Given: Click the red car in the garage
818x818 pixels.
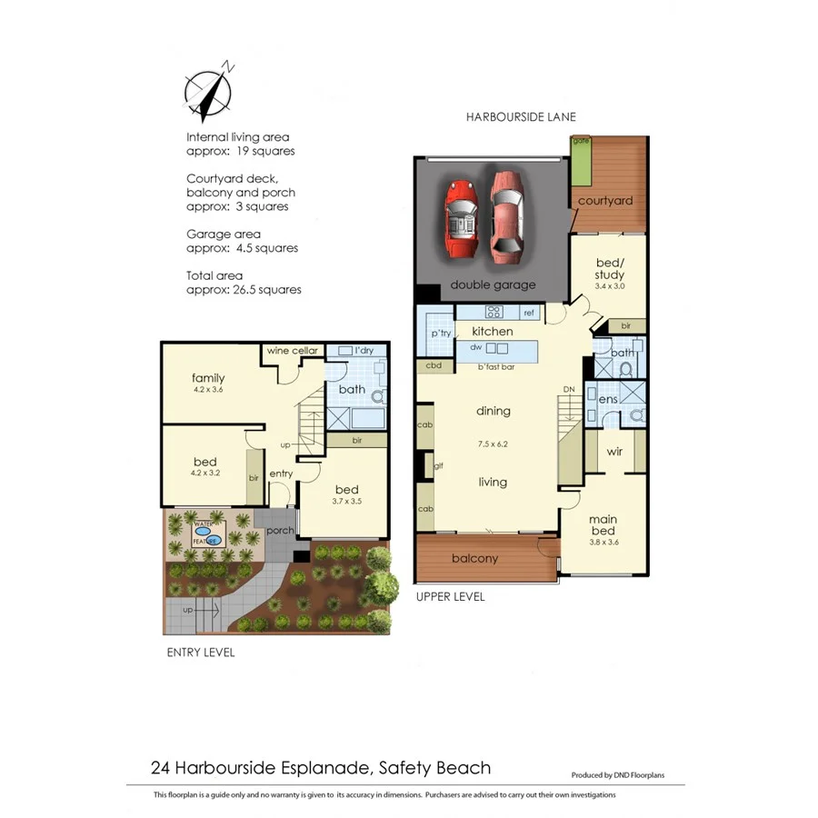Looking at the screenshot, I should (462, 216).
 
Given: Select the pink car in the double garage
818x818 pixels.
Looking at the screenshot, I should (505, 214).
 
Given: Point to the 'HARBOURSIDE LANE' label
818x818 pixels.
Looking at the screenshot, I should (521, 117).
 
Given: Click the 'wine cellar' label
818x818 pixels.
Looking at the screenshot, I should (292, 351).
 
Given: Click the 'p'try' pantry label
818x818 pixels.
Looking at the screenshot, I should (441, 334).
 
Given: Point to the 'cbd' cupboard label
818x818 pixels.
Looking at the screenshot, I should (434, 366).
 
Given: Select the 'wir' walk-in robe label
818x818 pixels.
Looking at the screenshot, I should (614, 451).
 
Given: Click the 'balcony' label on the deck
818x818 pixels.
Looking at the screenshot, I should (474, 558).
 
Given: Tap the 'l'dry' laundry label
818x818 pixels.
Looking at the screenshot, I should (364, 350).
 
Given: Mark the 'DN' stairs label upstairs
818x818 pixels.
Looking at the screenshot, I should (570, 389).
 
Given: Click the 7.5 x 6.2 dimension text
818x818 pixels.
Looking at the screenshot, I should (494, 444).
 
